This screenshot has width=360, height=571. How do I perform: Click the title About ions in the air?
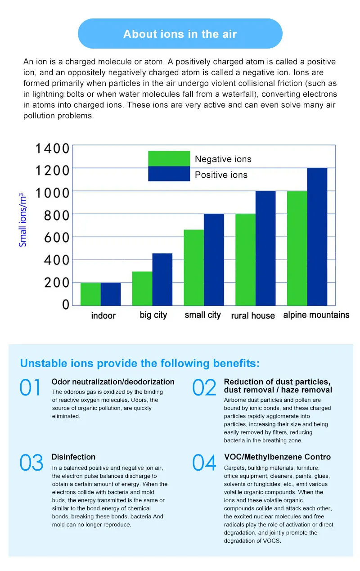180,34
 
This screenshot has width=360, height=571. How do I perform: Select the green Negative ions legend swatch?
169,158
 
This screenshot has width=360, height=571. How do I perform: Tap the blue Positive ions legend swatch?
169,174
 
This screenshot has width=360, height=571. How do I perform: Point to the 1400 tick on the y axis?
53,148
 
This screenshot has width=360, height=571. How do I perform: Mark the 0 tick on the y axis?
66,305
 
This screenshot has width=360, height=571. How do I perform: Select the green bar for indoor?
90,294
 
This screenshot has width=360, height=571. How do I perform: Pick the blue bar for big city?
162,279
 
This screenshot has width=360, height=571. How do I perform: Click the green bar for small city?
194,268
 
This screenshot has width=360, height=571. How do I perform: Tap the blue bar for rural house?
265,248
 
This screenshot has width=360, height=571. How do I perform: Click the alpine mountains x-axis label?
316,315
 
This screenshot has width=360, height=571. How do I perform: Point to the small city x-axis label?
202,315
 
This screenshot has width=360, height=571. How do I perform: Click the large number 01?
31,388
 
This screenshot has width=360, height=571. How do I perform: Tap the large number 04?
204,463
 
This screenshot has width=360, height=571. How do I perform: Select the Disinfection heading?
73,457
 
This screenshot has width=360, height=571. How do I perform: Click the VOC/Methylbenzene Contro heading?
277,457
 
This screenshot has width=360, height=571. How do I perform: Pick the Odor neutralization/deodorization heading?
113,382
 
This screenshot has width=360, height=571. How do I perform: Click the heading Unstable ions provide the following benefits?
140,363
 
